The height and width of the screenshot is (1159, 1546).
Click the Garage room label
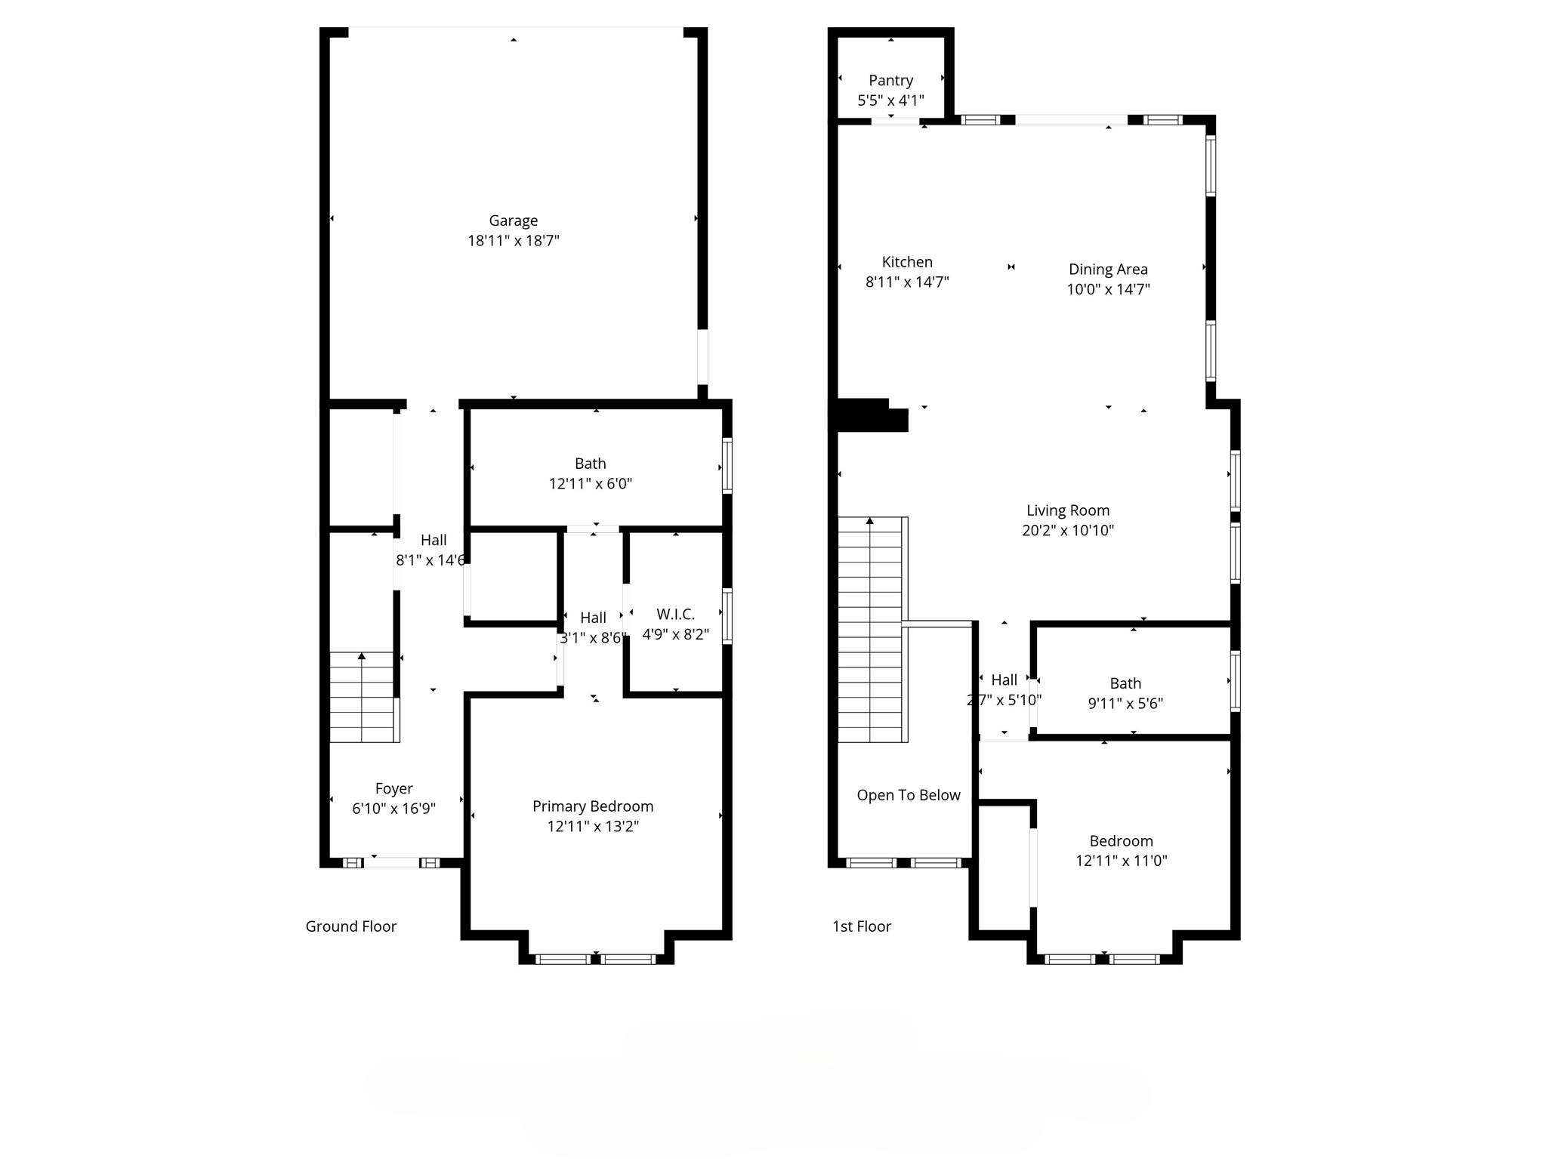click(x=513, y=220)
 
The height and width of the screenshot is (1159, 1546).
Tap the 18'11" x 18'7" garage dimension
click(x=513, y=241)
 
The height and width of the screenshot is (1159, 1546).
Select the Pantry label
click(x=890, y=80)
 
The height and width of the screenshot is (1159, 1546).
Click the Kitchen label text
click(x=907, y=262)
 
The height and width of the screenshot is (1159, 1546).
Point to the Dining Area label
click(x=1108, y=269)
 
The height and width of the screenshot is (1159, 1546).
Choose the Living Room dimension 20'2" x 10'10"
click(x=1067, y=530)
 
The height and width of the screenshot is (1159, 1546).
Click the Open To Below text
click(x=908, y=795)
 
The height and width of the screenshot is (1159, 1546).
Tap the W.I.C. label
click(x=675, y=614)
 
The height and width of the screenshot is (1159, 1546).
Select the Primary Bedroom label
click(x=593, y=806)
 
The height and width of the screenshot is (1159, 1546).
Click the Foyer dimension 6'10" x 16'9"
click(x=393, y=809)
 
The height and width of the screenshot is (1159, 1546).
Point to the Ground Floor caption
click(x=350, y=926)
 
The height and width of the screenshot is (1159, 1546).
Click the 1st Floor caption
click(x=861, y=926)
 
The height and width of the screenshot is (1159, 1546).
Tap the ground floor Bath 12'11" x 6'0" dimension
click(x=590, y=483)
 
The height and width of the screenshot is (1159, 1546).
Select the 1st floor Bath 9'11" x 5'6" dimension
click(x=1125, y=704)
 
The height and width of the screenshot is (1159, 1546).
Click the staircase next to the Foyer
click(x=363, y=698)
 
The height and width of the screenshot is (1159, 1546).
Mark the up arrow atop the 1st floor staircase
click(x=869, y=521)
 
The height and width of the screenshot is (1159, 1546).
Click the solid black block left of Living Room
click(x=869, y=416)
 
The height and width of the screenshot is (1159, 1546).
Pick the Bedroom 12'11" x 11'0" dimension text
click(x=1121, y=861)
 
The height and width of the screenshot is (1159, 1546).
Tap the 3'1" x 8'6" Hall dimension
click(x=593, y=638)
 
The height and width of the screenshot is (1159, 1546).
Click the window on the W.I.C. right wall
click(x=727, y=615)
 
